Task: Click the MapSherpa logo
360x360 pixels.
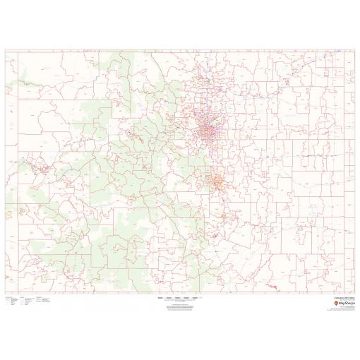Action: pos(344,304)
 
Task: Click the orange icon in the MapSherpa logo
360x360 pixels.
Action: pos(336,304)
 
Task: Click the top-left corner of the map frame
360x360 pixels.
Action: pos(5,49)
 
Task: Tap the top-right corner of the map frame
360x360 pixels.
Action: pos(355,49)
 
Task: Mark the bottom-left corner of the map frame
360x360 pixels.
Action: pos(5,294)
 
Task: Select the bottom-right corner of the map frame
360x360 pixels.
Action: pos(355,294)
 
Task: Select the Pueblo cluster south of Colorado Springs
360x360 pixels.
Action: pos(224,212)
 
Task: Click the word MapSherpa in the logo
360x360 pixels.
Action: pos(347,304)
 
